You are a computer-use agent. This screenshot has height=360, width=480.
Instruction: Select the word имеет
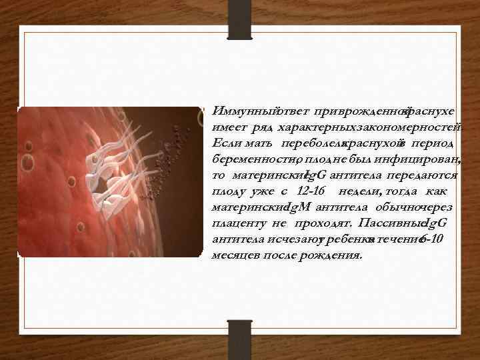click(x=227, y=127)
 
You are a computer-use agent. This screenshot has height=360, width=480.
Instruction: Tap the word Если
click(x=223, y=143)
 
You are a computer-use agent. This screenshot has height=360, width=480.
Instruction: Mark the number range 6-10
click(x=437, y=239)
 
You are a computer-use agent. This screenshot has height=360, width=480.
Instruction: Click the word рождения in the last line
click(x=333, y=256)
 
